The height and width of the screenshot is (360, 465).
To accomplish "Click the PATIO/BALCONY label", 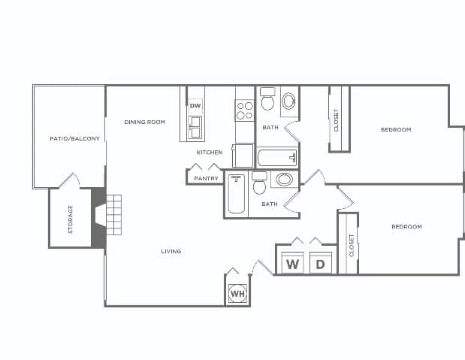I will pos(74,138).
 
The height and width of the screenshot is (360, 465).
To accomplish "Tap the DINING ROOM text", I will pos(144,122).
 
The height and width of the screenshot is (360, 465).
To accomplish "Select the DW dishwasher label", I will pos(195,106).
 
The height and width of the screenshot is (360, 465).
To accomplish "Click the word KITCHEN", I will pos(210,153).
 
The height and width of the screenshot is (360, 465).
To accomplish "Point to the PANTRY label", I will pos(206,178).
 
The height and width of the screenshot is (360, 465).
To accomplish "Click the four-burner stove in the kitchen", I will pos(245,111).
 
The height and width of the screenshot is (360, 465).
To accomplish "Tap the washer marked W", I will pos(292,265).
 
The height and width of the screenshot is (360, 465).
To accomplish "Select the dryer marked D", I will pos(320,265).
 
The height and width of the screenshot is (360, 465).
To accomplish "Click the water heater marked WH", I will pos(237,294).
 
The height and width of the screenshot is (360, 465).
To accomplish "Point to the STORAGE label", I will pos(71,219).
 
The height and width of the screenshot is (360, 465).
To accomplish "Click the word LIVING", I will pos(171,251).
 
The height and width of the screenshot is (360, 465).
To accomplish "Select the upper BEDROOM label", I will pos(396,130).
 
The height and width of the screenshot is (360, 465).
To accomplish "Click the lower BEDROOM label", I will pos(406,226).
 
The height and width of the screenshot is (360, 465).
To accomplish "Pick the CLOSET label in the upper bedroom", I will pos(337,120).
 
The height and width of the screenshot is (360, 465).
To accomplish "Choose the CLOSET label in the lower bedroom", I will pos(352,244).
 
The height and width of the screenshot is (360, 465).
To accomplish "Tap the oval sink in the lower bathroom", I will pos(284,180).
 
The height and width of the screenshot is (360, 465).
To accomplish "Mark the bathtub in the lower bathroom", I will pos(237,195).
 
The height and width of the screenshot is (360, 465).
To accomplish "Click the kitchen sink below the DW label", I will pos(195,129).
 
